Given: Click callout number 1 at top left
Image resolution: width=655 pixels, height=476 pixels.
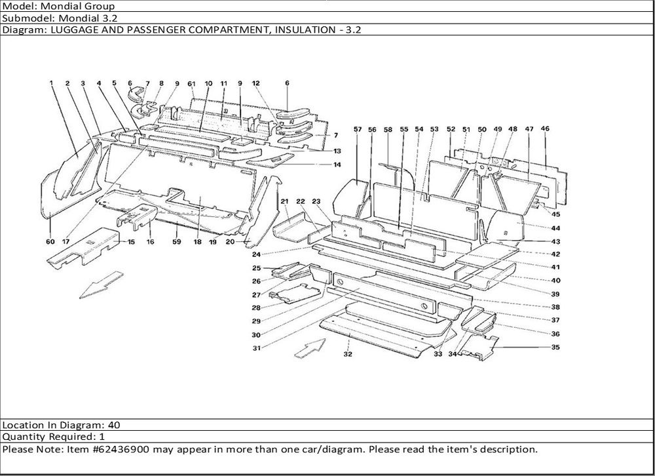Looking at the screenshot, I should (50, 83).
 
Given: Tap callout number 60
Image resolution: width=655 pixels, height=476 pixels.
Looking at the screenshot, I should (50, 242).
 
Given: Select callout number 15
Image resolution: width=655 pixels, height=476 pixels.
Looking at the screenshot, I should (131, 242).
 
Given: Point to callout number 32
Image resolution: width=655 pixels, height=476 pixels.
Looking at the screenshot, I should (348, 354).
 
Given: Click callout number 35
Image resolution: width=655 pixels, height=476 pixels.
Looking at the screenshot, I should (555, 347).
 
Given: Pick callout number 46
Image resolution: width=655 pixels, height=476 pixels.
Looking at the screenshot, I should (545, 129).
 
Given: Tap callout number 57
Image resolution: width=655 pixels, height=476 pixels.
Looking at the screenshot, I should (358, 130).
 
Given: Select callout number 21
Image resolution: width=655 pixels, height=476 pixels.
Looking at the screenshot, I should (285, 201).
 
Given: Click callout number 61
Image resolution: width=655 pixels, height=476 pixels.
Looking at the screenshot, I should (192, 84).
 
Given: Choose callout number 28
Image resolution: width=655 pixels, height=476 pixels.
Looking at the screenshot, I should (257, 307).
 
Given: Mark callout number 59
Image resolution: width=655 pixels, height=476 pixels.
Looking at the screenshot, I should (176, 242).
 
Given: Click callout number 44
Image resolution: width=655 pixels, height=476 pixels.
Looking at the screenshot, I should (555, 228).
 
